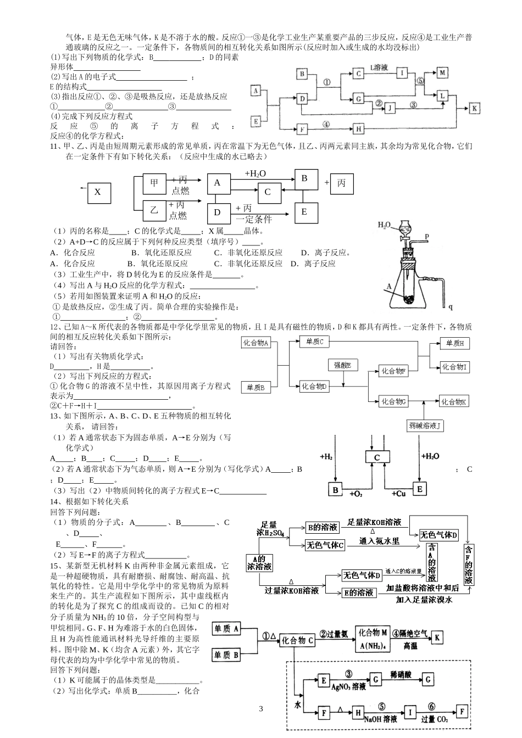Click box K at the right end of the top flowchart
(474, 109)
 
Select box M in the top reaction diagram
(442, 72)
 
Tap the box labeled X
(97, 192)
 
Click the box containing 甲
(154, 183)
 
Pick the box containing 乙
(154, 210)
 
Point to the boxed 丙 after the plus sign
(341, 183)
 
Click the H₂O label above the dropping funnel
(385, 225)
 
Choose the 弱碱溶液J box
(425, 426)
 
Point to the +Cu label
(399, 494)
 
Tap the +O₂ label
(356, 494)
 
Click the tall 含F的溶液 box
(468, 566)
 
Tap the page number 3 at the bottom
(261, 709)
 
